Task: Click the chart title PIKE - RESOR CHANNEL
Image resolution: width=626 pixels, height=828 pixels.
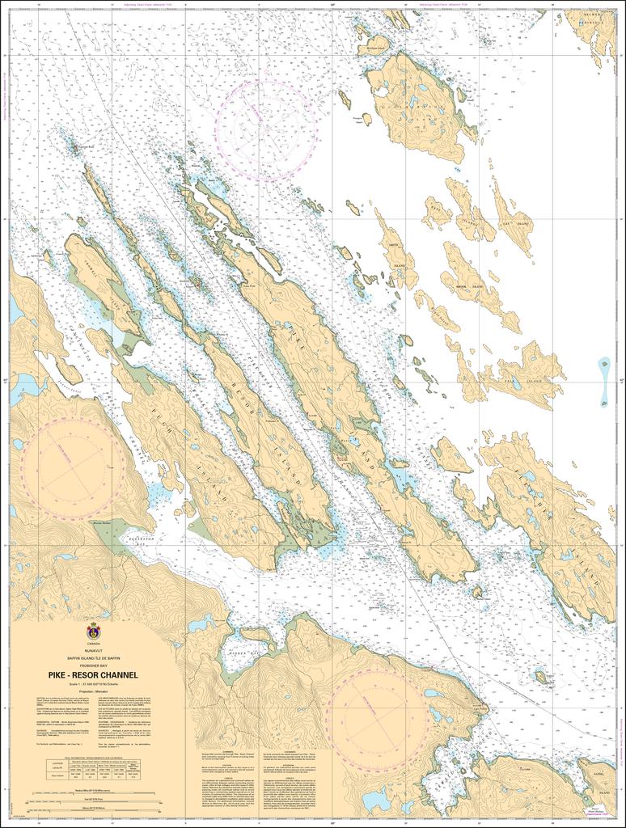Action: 93,674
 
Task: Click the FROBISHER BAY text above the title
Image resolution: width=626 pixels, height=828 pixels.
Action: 93,665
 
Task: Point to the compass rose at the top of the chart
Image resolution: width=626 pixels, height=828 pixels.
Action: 266,129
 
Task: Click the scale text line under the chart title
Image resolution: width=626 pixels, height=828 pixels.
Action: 93,684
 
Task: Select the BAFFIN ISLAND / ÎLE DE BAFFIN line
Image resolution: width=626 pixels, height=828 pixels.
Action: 93,657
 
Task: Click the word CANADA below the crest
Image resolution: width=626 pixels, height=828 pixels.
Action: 93,644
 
